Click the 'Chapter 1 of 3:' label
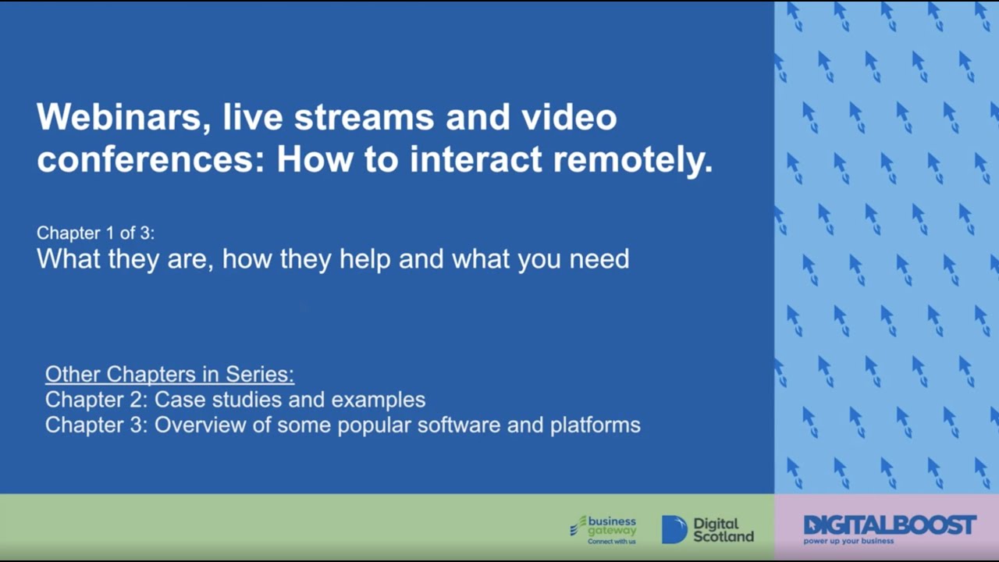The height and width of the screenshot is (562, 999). pos(95,233)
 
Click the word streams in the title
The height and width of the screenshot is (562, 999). pos(364,118)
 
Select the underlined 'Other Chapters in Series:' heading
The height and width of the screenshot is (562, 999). pos(169,375)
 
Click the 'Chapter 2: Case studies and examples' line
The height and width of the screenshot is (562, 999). pos(235,400)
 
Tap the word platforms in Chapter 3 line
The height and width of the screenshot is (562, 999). pos(595,425)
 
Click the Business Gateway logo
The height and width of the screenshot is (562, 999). pos(603,529)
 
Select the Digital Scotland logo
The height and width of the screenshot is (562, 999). pos(708,529)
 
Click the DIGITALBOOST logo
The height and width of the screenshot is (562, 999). pos(890,525)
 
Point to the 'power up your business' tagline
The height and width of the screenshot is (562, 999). pos(849,541)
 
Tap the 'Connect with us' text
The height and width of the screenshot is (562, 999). pos(611,541)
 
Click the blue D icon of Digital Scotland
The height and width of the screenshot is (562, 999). pos(674,529)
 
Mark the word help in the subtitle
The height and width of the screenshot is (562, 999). pos(365,258)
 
